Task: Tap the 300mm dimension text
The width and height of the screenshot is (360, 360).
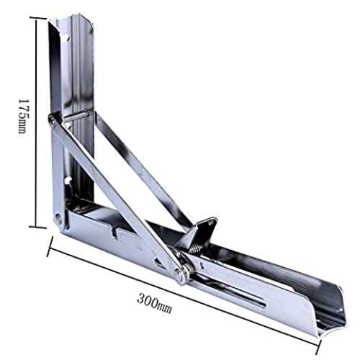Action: (155, 303)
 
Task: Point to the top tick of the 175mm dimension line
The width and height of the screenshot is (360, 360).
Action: (38, 19)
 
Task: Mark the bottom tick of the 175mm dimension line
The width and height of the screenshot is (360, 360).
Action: (37, 227)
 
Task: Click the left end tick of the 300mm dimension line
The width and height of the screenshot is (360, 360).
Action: (50, 247)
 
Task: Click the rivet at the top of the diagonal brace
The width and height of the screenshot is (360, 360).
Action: (52, 119)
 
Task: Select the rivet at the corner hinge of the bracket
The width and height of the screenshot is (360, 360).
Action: (58, 218)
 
